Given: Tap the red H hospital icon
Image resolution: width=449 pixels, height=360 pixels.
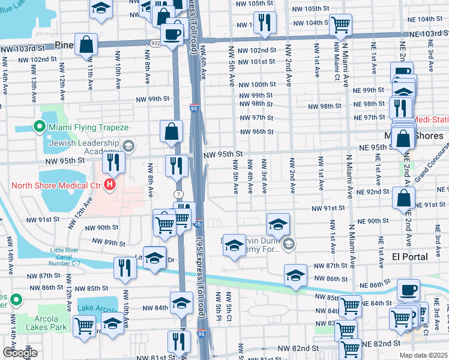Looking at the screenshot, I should pos(109,184).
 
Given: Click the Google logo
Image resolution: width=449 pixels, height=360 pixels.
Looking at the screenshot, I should pos(20,353).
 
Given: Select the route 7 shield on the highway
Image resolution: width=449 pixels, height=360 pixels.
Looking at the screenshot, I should pos(179,194).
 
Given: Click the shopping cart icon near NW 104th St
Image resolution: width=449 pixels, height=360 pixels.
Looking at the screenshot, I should pos(341,25).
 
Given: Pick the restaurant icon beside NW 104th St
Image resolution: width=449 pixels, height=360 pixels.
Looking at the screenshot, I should pos(264,22).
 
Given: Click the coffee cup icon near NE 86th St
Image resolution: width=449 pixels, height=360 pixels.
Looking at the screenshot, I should pos(408,289).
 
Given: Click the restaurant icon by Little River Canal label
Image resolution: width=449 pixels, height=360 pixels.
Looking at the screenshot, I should pos(125,268).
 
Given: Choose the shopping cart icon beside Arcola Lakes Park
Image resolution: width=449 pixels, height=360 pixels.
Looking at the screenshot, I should pos(84,326).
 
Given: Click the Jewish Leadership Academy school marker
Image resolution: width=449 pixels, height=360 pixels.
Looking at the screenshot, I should pos(128,146).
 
